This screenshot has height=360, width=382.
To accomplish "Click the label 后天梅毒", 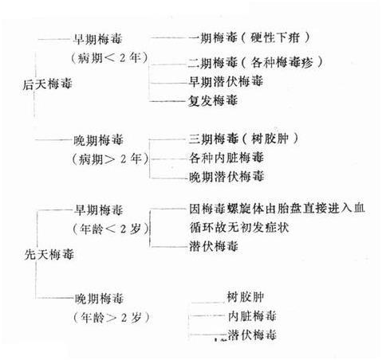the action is pyautogui.click(x=47, y=84).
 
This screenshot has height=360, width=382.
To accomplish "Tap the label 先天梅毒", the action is pyautogui.click(x=49, y=255).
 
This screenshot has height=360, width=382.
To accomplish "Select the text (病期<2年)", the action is pyautogui.click(x=109, y=57).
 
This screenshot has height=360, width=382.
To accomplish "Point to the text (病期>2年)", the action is pyautogui.click(x=110, y=159).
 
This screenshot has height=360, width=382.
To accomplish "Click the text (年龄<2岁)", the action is pyautogui.click(x=111, y=229).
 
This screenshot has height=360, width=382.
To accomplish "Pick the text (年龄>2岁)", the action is pyautogui.click(x=112, y=318).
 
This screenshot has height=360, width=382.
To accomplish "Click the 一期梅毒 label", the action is pyautogui.click(x=212, y=37).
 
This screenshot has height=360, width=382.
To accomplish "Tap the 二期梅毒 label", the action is pyautogui.click(x=212, y=63).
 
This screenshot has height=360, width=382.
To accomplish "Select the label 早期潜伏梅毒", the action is pyautogui.click(x=226, y=81).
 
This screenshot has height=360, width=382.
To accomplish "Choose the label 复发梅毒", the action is pyautogui.click(x=212, y=100).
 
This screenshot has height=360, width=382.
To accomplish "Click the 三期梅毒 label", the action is pyautogui.click(x=213, y=139).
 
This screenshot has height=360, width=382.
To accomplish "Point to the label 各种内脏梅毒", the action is pyautogui.click(x=226, y=158).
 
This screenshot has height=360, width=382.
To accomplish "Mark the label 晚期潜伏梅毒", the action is pyautogui.click(x=226, y=177).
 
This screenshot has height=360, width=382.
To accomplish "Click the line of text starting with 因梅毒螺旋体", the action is pyautogui.click(x=277, y=209).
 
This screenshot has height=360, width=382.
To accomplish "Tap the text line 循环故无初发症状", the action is pyautogui.click(x=239, y=227).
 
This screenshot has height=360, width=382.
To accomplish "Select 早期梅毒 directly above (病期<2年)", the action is pyautogui.click(x=97, y=39).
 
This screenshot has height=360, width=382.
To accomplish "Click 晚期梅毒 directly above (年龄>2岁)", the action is pyautogui.click(x=99, y=299).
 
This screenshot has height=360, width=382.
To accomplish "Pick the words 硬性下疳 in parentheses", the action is pyautogui.click(x=275, y=37).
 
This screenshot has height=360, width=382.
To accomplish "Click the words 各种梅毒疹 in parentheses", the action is pyautogui.click(x=282, y=63).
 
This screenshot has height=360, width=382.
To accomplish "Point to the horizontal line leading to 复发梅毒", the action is pyautogui.click(x=168, y=101).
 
